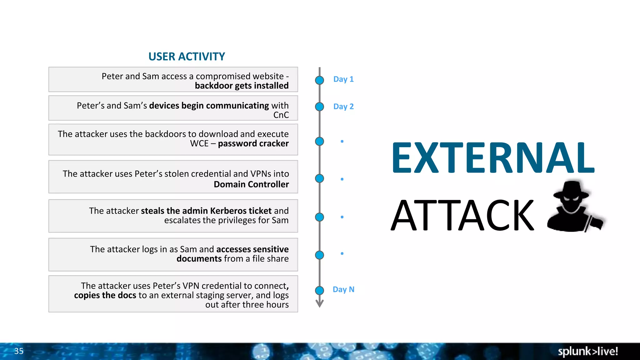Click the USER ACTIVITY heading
click(187, 57)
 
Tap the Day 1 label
click(343, 79)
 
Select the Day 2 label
click(343, 107)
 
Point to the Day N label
click(343, 289)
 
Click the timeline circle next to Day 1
click(319, 80)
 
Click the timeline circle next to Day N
click(319, 291)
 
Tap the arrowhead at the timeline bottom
click(319, 304)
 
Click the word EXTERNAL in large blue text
click(493, 157)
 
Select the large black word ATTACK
click(462, 216)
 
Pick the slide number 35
click(19, 351)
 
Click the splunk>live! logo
click(587, 351)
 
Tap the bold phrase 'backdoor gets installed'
click(242, 86)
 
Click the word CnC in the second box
click(281, 115)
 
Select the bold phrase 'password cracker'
click(253, 143)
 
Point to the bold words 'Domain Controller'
click(251, 184)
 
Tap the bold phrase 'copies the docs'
click(105, 295)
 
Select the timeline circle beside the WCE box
click(319, 142)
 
